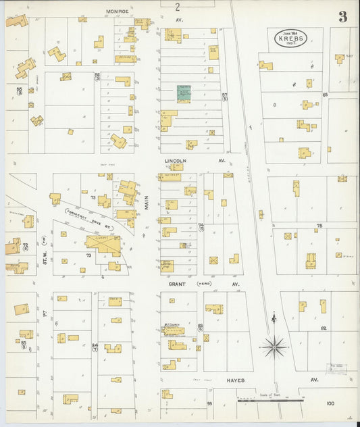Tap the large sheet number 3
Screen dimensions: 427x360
pyautogui.click(x=343, y=16)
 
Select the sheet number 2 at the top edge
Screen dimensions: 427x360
pyautogui.click(x=178, y=7)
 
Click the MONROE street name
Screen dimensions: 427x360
pyautogui.click(x=118, y=11)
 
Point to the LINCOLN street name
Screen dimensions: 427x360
pyautogui.click(x=175, y=161)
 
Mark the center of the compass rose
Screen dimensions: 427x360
pyautogui.click(x=274, y=347)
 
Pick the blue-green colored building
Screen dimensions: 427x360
pyautogui.click(x=184, y=93)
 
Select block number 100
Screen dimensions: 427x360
pyautogui.click(x=330, y=403)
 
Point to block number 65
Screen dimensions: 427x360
pyautogui.click(x=324, y=95)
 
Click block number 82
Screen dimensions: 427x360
pyautogui.click(x=324, y=328)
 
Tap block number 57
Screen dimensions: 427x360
pyautogui.click(x=224, y=95)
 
